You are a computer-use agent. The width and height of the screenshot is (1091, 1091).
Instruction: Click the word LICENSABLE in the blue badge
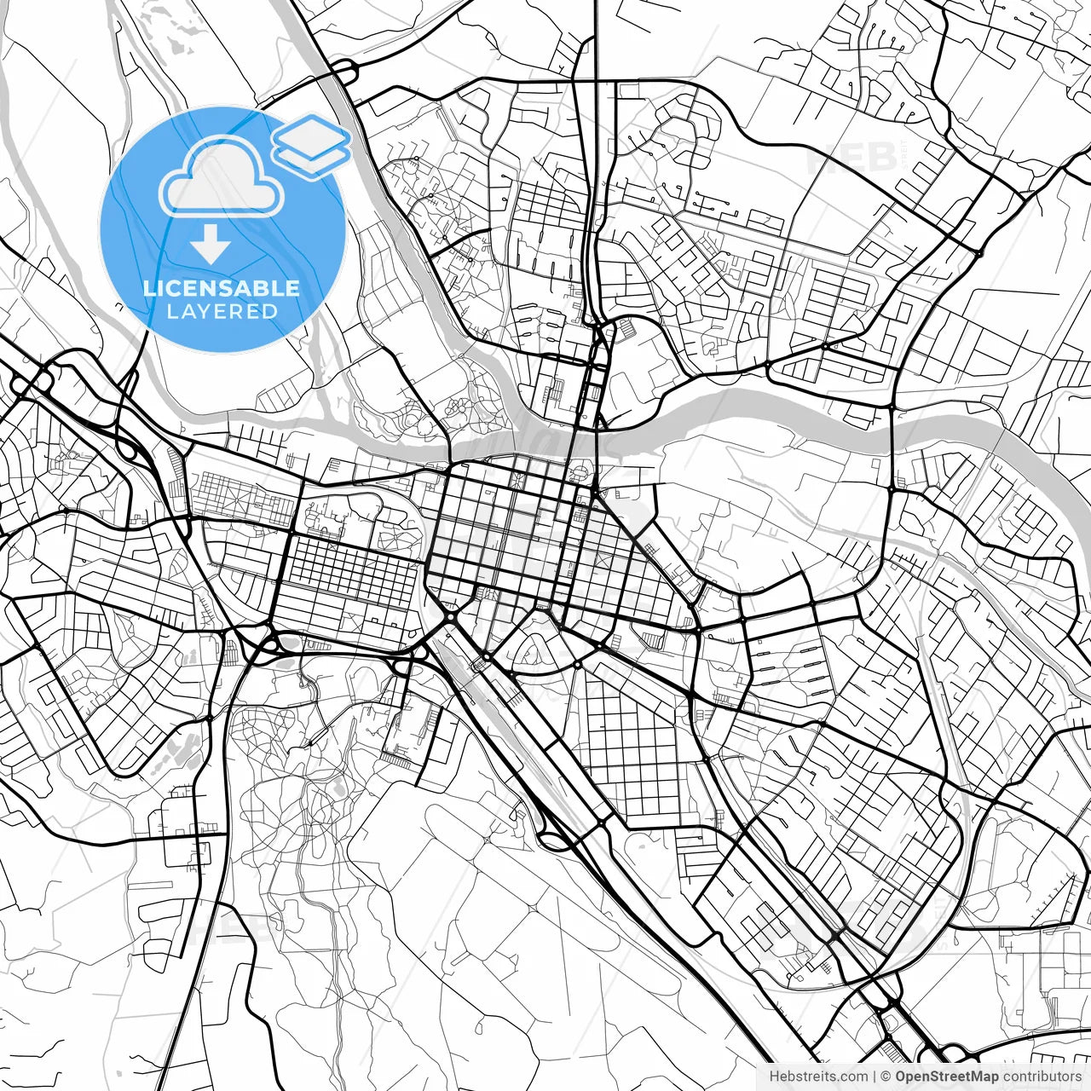(x=222, y=288)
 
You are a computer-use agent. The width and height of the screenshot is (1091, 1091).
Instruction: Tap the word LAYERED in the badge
(x=222, y=311)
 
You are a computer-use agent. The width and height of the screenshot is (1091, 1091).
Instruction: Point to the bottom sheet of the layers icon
(x=313, y=157)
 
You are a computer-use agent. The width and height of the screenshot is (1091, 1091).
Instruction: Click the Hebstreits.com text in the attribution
(x=818, y=1077)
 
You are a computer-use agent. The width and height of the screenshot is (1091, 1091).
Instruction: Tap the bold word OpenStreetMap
(x=946, y=1077)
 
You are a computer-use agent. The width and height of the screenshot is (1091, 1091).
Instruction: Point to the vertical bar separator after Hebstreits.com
(x=875, y=1077)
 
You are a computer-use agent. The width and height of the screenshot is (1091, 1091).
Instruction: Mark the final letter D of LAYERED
(x=270, y=311)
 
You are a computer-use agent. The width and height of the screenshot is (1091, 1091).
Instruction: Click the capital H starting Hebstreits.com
(x=774, y=1077)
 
